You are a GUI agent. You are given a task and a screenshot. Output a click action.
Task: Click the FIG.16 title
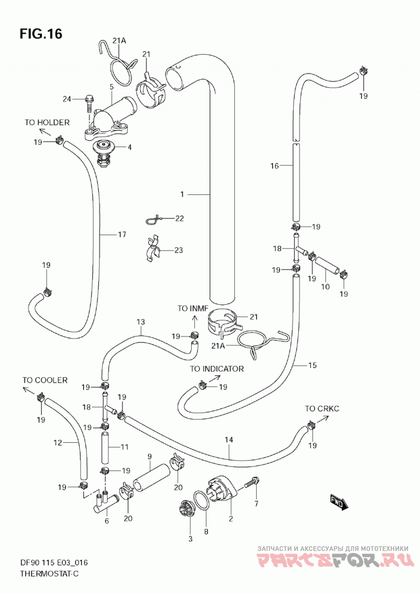tap(41, 34)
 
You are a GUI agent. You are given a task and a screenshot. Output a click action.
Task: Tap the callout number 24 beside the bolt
tap(67, 99)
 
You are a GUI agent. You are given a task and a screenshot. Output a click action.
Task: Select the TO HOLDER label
tap(47, 122)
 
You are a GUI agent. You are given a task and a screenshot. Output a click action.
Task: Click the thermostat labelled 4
tap(103, 153)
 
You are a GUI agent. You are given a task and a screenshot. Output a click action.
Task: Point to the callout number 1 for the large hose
tap(182, 194)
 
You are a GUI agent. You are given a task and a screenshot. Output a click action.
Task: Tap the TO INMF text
tap(193, 308)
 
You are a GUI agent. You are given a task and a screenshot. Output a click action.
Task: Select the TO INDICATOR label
tap(217, 369)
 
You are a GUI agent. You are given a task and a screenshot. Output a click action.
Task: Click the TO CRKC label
tap(322, 409)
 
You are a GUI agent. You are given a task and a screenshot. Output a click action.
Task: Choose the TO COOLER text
tap(45, 380)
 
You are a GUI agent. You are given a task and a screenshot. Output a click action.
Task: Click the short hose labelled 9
tap(150, 476)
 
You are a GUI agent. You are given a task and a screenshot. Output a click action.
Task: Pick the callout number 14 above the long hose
tap(229, 440)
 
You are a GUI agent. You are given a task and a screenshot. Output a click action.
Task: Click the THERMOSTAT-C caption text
tap(49, 574)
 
